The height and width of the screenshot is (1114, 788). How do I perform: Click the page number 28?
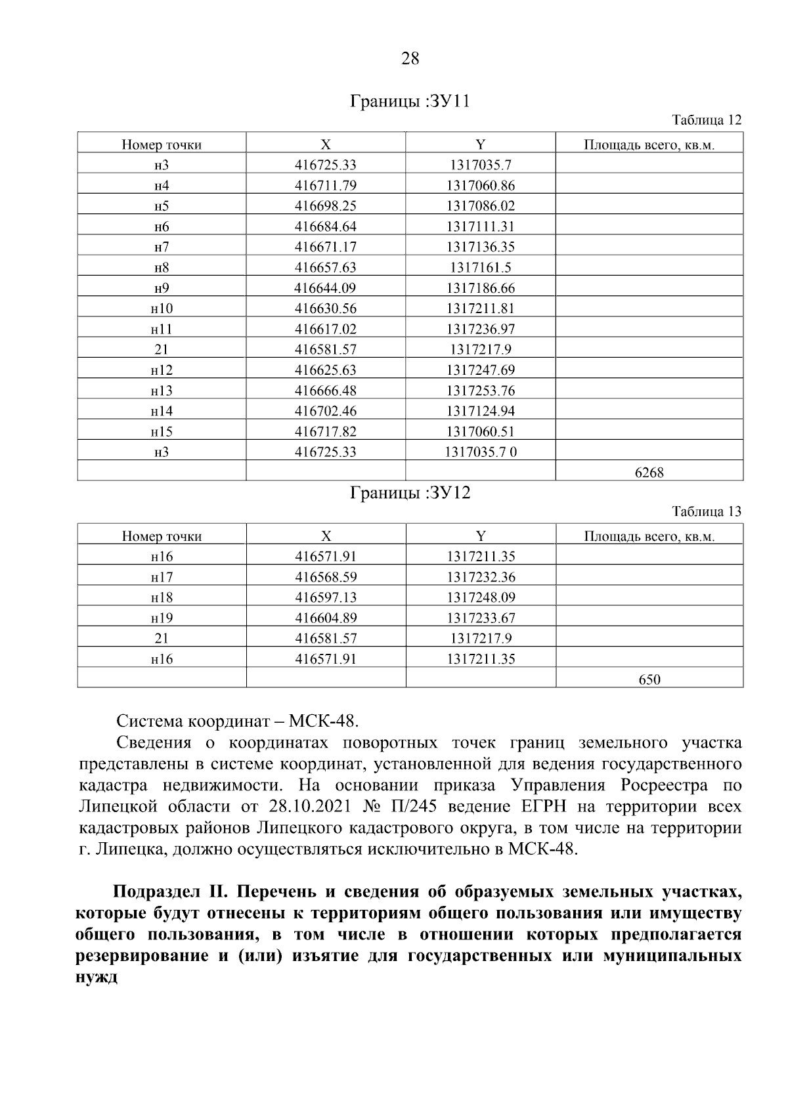click(x=410, y=59)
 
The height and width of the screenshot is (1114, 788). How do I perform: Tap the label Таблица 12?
click(x=707, y=120)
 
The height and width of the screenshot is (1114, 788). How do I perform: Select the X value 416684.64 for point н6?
click(x=326, y=226)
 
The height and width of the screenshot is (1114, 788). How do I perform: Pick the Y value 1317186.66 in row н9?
click(x=481, y=288)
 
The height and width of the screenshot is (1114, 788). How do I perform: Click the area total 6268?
click(x=649, y=472)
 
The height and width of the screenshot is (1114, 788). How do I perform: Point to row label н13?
click(x=162, y=391)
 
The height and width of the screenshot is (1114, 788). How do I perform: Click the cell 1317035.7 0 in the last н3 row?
click(x=481, y=452)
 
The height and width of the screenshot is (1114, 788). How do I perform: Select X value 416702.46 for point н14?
click(x=326, y=411)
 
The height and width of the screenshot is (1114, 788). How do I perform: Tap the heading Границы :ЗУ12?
click(x=410, y=493)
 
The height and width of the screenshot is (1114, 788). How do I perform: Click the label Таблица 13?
click(x=707, y=511)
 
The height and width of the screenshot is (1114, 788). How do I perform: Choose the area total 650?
click(x=649, y=679)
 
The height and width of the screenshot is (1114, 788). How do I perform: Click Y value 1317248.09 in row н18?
click(x=481, y=597)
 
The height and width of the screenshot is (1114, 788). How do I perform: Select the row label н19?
click(x=162, y=618)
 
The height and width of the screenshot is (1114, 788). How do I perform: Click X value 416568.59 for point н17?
click(x=326, y=577)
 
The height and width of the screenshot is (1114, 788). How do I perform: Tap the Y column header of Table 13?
click(x=481, y=536)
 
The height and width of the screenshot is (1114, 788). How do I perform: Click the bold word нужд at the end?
click(x=97, y=977)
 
